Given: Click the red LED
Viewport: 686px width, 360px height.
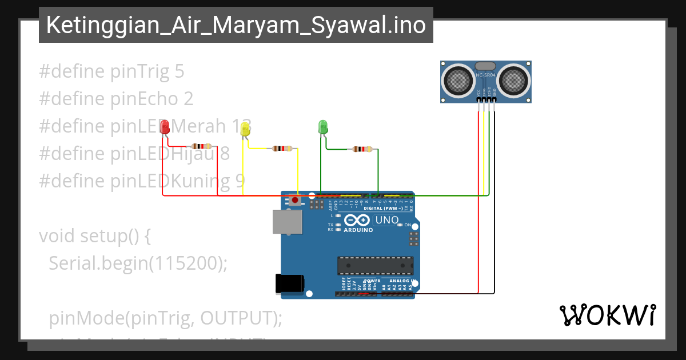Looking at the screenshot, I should tap(165, 127).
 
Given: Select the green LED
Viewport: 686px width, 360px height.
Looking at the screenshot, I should tap(322, 127).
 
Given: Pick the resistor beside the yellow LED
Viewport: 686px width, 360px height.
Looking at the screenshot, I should tap(282, 149).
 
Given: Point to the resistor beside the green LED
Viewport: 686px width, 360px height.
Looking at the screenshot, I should tap(362, 149).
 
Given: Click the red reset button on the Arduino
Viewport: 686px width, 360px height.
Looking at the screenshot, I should tap(295, 200).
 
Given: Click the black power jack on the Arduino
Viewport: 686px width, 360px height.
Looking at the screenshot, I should tap(289, 284).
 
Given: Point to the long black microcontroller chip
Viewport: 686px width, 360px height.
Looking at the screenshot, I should tap(375, 266).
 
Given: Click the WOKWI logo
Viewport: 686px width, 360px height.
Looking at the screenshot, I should tap(607, 315).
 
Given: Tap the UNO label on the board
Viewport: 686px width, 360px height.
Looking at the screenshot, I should tap(386, 220).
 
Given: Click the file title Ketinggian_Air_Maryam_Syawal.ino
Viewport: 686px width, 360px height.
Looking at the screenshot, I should tap(236, 25).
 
